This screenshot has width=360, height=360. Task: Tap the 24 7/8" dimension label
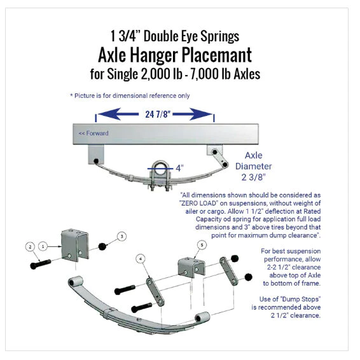tap(155, 114)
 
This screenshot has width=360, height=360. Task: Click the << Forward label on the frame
tap(93, 134)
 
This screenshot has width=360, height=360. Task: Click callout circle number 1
tap(43, 245)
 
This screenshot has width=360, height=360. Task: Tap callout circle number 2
tap(29, 246)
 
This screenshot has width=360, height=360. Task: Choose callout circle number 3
tap(121, 236)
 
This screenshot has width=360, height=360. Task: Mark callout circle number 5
tap(201, 244)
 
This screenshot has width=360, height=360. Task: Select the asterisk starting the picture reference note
tap(72, 96)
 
